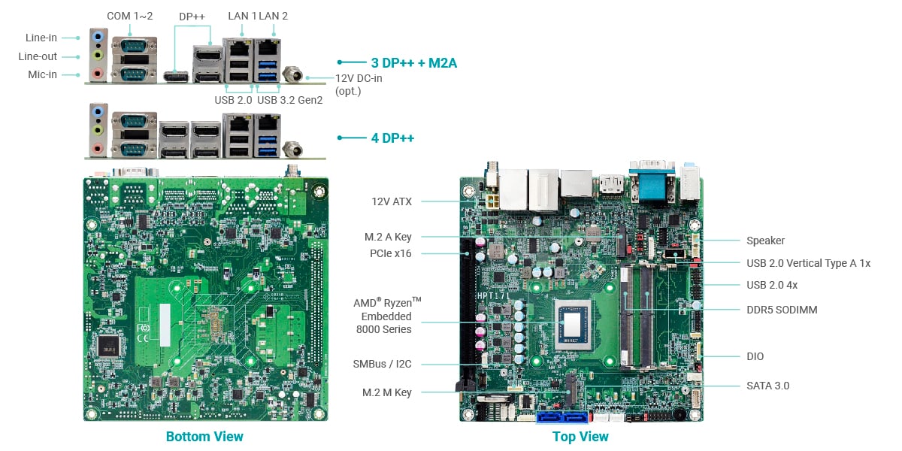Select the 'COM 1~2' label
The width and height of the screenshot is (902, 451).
(129, 16)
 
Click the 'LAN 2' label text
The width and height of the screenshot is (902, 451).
(274, 16)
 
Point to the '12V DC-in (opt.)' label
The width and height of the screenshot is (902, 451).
(358, 84)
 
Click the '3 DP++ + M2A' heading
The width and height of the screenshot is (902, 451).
(413, 63)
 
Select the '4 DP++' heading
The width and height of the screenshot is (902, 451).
(392, 138)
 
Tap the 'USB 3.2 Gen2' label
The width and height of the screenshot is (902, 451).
(289, 99)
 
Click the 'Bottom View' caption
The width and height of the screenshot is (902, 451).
(204, 437)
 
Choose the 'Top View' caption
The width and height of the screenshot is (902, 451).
(580, 437)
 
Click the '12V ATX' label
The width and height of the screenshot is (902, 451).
(392, 201)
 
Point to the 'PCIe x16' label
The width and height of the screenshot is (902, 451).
(390, 253)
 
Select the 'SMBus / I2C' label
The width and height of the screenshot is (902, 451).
(382, 364)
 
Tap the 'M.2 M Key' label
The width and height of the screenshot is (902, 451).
(386, 392)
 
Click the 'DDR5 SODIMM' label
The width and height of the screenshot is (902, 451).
(782, 310)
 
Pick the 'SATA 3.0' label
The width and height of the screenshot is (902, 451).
(767, 386)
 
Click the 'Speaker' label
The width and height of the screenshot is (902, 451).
(765, 241)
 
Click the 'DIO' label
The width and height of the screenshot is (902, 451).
(755, 356)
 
